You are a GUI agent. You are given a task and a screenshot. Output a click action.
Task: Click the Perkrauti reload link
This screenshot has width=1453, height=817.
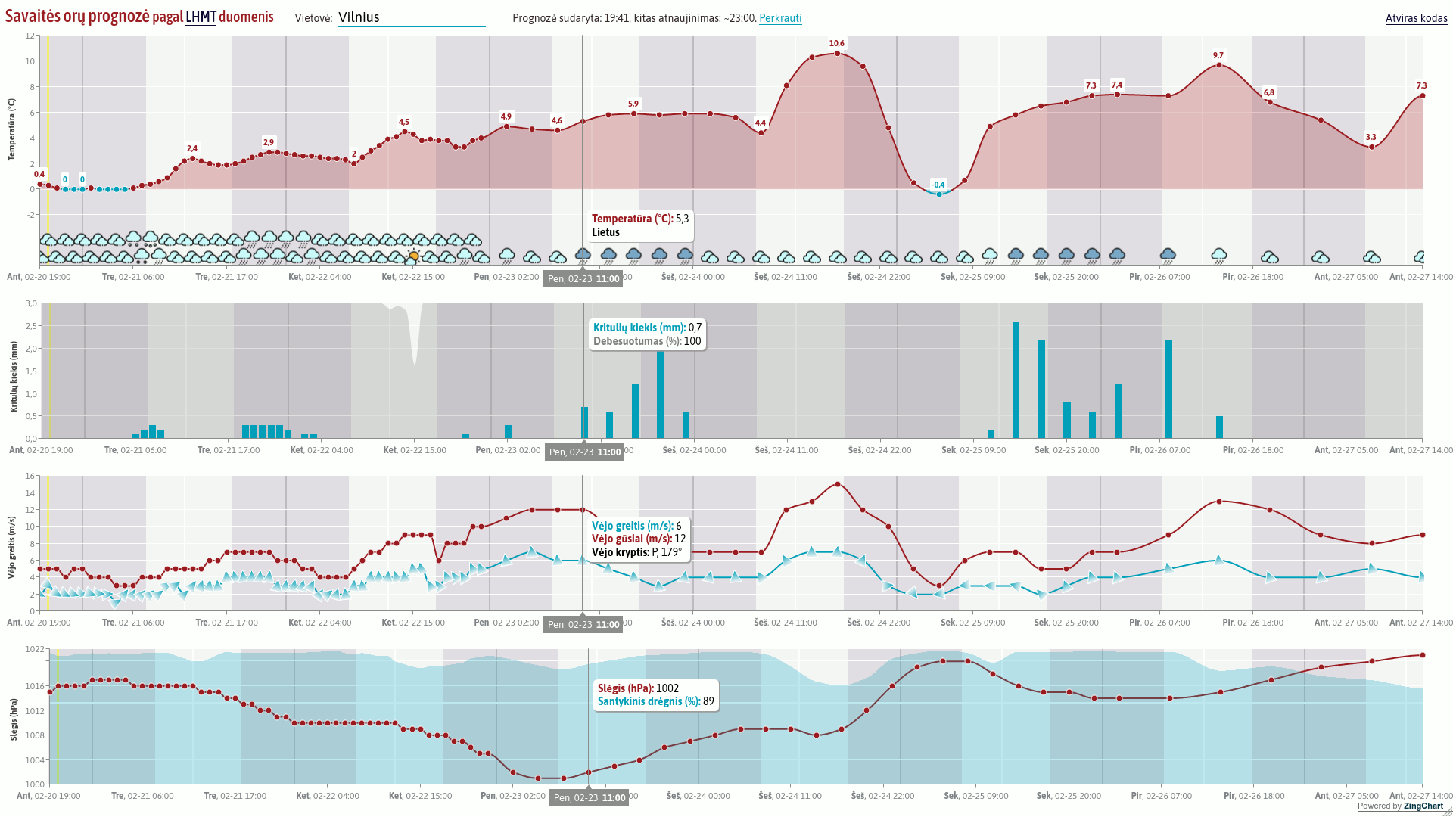780,18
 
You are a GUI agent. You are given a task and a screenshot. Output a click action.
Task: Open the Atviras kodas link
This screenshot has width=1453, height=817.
1416,18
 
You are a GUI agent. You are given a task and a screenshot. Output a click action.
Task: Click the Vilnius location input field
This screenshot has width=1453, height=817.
411,17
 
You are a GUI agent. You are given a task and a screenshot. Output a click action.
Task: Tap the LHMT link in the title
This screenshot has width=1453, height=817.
201,17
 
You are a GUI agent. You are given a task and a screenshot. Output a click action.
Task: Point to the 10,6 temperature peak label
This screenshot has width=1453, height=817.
836,44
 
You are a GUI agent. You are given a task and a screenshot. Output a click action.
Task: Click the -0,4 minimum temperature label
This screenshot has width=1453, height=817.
938,185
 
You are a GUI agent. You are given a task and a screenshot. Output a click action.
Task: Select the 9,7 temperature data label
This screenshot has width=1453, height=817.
1218,56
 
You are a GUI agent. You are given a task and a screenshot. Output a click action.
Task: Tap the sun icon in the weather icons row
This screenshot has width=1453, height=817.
413,256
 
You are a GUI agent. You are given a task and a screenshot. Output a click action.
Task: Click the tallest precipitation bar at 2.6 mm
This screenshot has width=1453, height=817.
1016,379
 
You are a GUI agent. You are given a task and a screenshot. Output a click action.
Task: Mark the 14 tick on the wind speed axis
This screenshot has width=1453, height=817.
31,493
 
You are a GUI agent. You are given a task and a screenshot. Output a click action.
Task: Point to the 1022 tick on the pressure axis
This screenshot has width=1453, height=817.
35,649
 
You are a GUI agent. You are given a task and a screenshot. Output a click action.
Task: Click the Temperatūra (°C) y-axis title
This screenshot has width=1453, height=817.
11,129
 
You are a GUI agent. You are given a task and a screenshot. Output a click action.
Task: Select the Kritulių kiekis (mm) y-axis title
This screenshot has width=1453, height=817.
13,376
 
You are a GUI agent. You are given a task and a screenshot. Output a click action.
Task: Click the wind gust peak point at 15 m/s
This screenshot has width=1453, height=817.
837,484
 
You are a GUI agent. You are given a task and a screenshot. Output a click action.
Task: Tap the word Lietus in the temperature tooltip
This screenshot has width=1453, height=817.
605,232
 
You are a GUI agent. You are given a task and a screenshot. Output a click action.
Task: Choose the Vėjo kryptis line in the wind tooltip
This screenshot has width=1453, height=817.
636,552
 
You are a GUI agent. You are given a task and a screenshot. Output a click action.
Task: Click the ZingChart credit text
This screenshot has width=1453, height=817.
1423,806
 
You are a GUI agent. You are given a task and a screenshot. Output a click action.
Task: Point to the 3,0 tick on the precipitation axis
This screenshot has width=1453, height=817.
31,303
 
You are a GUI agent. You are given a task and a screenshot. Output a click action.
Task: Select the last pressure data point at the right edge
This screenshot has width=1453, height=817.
1423,655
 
